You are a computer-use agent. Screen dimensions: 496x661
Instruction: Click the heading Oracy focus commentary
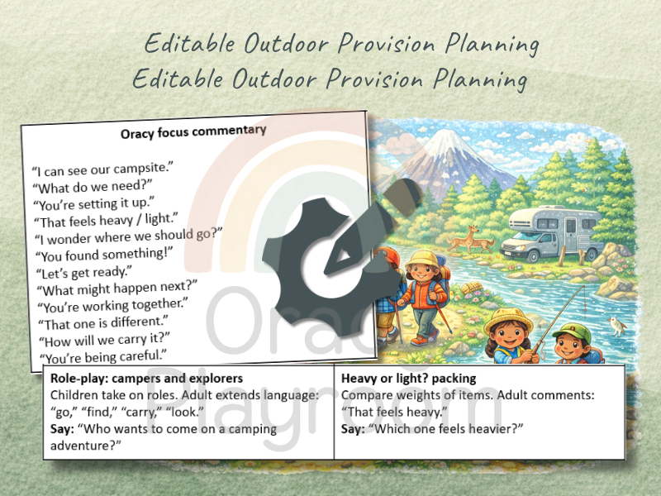coord(194,131)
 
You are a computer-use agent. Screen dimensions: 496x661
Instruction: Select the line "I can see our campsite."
coord(102,169)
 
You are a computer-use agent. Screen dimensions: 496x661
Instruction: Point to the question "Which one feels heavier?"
coord(446,428)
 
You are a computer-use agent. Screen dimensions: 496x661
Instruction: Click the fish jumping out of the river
coord(616,326)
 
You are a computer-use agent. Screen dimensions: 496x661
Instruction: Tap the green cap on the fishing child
coord(571,332)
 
